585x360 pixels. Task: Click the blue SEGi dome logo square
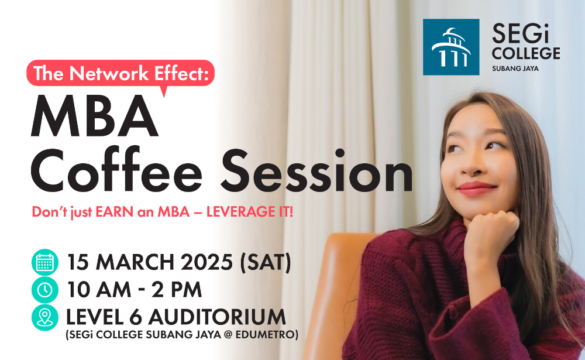[450, 47]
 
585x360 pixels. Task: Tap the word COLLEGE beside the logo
[526, 53]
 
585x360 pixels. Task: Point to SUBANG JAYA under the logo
[515, 68]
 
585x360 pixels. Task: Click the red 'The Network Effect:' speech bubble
[120, 74]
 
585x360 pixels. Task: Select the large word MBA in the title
[95, 116]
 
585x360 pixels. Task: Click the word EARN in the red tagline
[115, 212]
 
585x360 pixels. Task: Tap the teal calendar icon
[45, 262]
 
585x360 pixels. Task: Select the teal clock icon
[45, 290]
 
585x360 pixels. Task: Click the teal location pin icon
[45, 317]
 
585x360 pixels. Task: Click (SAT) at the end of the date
[265, 262]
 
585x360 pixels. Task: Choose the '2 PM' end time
[177, 290]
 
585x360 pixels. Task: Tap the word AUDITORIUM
[217, 317]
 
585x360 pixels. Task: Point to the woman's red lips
[477, 188]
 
